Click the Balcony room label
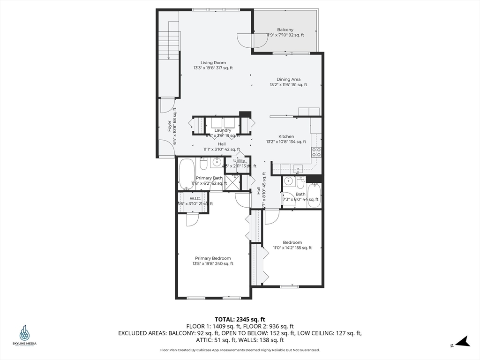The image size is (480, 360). coord(285,30)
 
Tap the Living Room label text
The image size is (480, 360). coord(213,63)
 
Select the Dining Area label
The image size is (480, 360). coord(288,80)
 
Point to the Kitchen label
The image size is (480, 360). coord(286,136)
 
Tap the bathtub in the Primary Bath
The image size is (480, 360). coord(184,177)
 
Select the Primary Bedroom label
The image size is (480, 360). coord(213,258)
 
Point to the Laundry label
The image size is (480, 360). coord(223,130)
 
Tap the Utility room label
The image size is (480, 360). coord(239,161)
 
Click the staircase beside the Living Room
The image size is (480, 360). coord(169,40)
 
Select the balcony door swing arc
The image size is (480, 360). coord(245,41)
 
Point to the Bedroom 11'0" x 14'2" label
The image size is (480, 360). coord(292,242)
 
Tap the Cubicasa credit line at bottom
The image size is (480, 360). coord(240,350)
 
